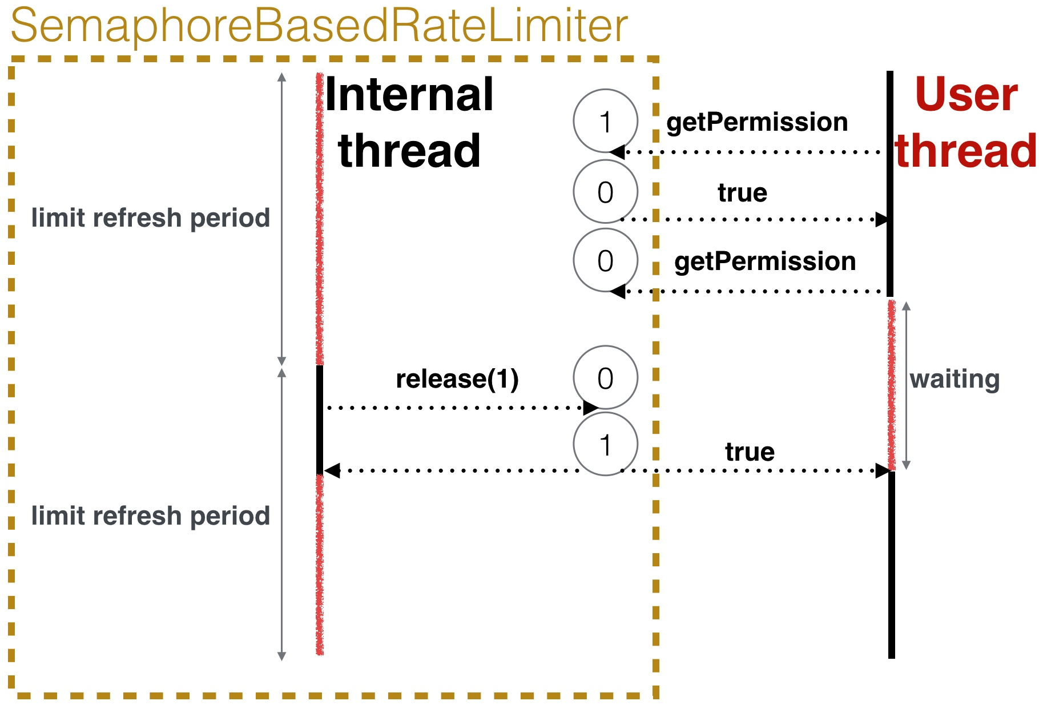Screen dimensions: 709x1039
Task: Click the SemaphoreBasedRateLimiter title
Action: click(319, 26)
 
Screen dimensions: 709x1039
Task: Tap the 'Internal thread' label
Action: click(409, 123)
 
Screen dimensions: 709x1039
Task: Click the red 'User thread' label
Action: click(966, 123)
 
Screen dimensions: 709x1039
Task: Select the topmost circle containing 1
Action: click(605, 121)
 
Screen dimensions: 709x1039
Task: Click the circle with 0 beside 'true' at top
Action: click(605, 192)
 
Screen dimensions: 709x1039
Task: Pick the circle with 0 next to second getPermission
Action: click(605, 260)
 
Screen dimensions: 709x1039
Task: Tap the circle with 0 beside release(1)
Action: click(605, 377)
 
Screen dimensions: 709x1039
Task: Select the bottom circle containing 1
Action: click(605, 444)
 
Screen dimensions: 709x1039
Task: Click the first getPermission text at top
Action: click(757, 122)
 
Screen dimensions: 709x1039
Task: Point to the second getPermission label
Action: click(765, 261)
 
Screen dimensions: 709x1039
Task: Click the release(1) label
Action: click(457, 378)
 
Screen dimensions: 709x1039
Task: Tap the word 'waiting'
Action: click(955, 379)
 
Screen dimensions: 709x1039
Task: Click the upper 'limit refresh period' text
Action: click(151, 218)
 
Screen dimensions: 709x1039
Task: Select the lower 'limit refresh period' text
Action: click(151, 516)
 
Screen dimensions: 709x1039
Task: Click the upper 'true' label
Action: click(742, 193)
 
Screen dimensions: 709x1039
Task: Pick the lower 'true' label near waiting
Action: click(750, 452)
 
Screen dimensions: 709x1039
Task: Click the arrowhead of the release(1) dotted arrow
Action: click(591, 408)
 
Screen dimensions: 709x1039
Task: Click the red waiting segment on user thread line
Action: click(892, 385)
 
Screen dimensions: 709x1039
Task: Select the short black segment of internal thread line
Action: click(320, 420)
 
